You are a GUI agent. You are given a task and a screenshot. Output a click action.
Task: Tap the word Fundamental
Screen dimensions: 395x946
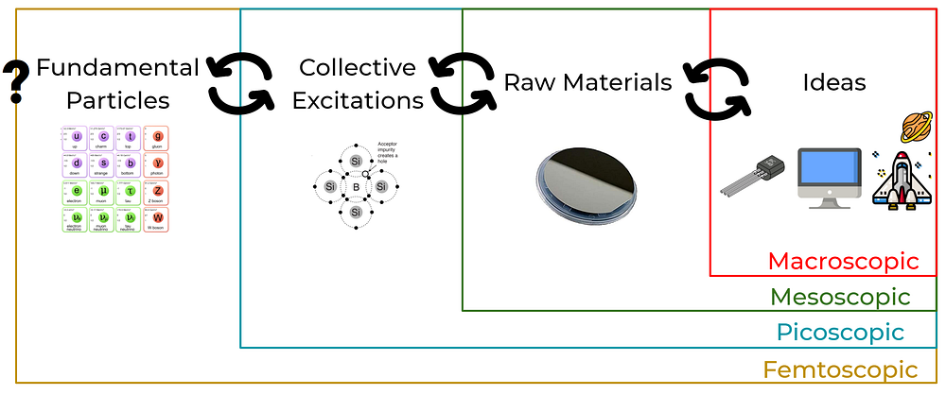117,68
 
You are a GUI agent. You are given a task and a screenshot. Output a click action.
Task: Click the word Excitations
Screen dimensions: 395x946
358,99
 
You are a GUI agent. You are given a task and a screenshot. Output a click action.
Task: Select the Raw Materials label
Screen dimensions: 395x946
587,82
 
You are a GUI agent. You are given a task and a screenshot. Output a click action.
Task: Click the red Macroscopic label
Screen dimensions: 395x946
843,261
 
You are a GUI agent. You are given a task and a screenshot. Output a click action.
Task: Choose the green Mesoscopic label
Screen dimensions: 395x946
840,297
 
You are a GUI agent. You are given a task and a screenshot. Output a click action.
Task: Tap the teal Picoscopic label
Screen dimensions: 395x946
840,333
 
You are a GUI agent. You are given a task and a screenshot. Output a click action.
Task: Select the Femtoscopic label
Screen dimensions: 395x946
840,369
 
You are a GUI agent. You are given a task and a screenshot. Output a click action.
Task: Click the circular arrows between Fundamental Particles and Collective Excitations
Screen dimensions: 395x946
240,83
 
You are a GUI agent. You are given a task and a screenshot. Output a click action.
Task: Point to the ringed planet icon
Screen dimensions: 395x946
917,125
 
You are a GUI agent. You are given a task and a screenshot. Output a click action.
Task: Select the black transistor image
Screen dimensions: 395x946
754,180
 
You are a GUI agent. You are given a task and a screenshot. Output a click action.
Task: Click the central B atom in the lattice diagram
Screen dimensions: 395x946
357,188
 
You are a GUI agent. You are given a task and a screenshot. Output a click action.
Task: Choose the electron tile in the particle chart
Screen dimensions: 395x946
75,194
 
